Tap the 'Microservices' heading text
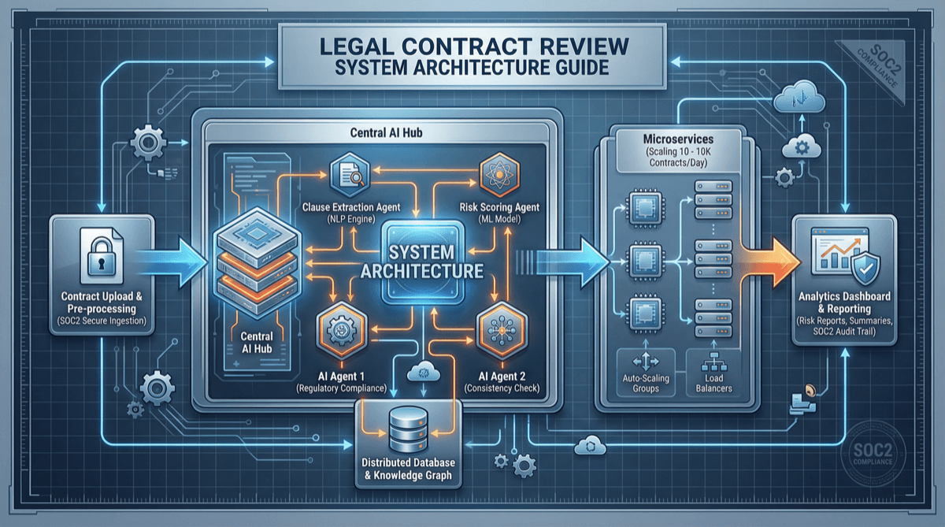(668, 139)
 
